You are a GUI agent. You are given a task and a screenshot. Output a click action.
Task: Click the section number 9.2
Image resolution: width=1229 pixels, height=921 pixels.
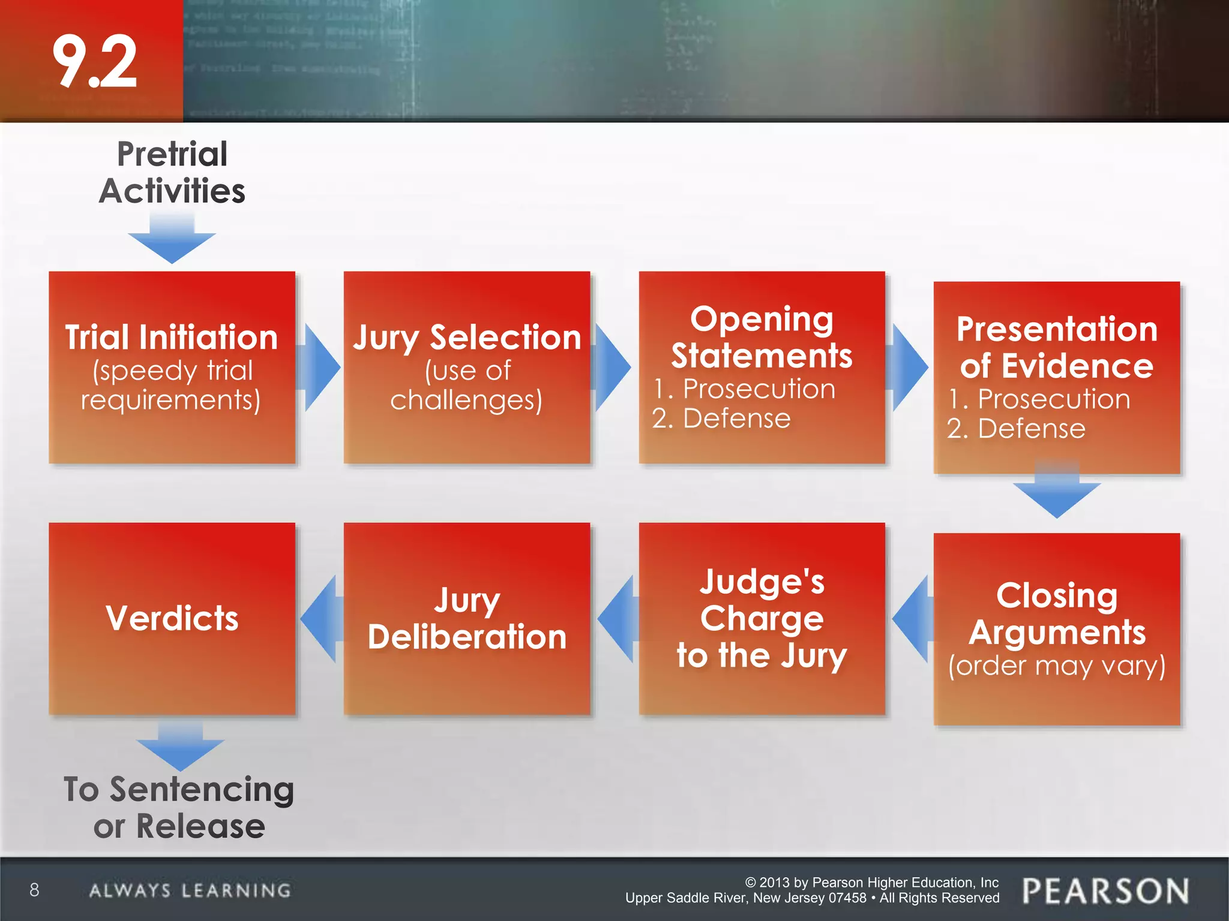click(x=95, y=62)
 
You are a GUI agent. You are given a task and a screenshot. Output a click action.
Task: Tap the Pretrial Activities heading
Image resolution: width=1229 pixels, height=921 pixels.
click(x=172, y=173)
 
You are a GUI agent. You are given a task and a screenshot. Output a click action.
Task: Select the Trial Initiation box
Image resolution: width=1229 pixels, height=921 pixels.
click(x=172, y=367)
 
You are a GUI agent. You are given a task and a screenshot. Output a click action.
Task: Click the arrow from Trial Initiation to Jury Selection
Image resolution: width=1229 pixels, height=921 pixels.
click(x=320, y=368)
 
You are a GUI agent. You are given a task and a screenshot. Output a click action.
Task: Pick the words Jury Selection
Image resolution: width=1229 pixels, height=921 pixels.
click(x=467, y=338)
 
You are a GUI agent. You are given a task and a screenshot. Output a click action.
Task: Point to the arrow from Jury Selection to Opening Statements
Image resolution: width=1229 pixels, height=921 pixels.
click(x=612, y=368)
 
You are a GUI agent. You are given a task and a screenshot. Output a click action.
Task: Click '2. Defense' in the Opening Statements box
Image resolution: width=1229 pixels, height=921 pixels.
click(x=721, y=419)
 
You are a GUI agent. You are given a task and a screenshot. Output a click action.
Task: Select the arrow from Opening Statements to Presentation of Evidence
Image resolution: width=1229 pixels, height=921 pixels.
click(x=909, y=368)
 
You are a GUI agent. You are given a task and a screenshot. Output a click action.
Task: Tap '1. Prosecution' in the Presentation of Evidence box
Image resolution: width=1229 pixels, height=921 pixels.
click(x=1039, y=399)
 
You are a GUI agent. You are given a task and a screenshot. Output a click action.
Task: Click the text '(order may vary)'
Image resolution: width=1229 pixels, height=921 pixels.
click(x=1057, y=666)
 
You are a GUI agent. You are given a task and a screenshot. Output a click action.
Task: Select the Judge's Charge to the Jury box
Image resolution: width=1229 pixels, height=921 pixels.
click(x=762, y=618)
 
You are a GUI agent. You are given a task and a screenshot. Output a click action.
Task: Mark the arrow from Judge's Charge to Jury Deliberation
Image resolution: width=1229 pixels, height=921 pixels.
click(x=617, y=619)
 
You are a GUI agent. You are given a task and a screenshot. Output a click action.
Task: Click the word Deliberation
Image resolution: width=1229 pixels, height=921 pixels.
click(x=467, y=637)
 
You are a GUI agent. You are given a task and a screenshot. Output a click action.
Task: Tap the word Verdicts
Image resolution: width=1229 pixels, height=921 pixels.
click(x=172, y=618)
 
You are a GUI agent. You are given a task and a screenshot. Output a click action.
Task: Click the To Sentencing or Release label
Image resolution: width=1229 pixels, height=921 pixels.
click(x=179, y=808)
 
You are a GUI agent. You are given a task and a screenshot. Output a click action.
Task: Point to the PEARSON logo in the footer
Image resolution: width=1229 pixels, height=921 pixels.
click(x=1105, y=891)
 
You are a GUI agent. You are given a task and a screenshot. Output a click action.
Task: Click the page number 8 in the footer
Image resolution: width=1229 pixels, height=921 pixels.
click(x=34, y=890)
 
